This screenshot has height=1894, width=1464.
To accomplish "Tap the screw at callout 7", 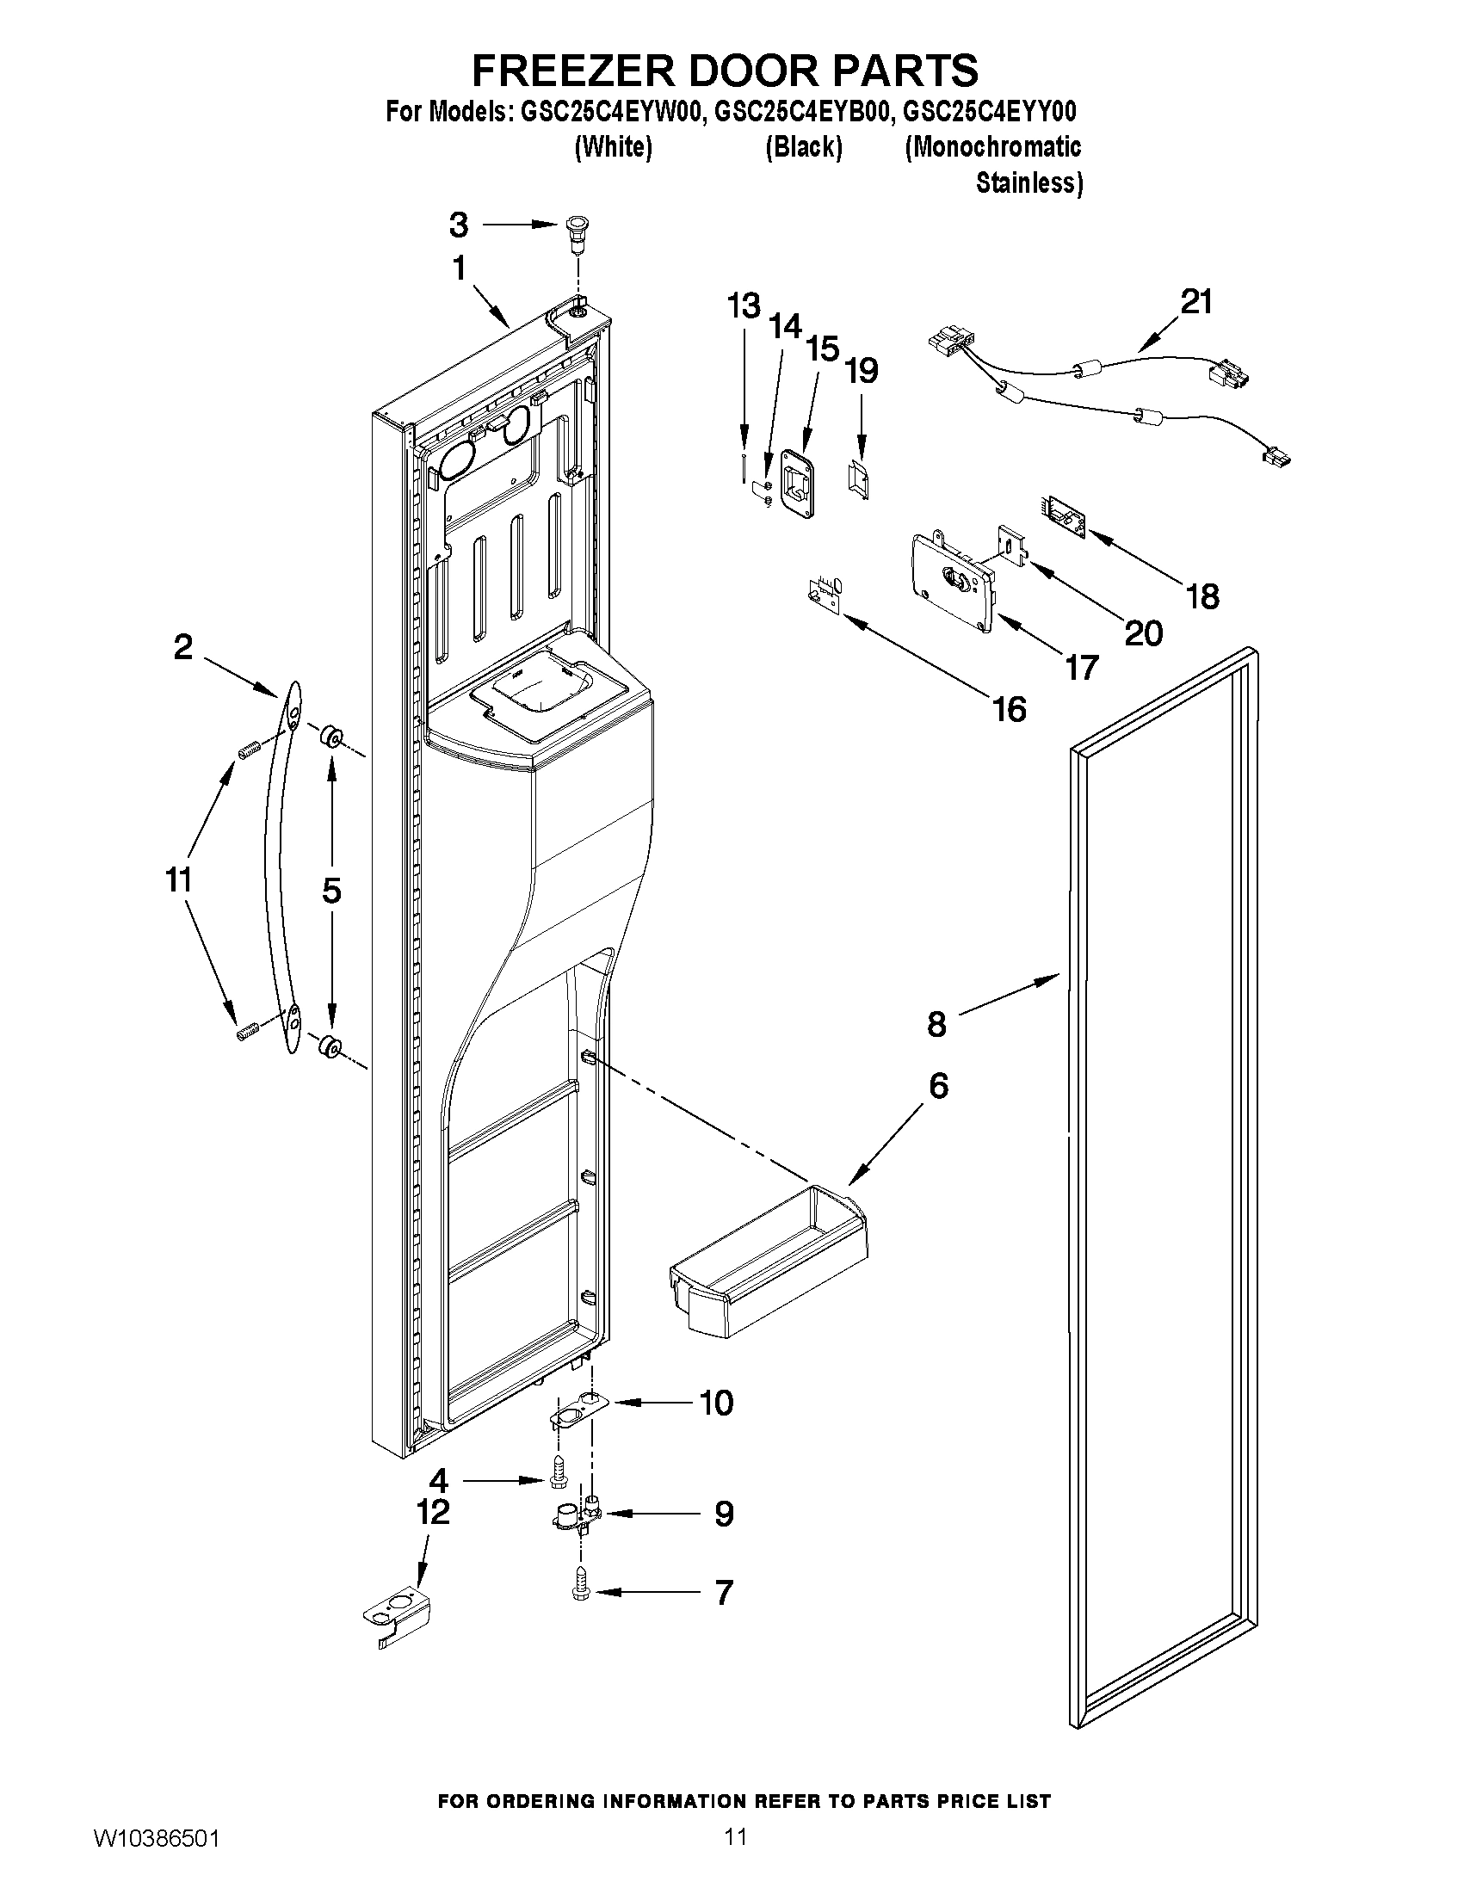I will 579,1592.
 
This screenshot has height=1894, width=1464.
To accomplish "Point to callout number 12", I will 433,1513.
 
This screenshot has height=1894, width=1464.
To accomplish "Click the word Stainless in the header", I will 1029,183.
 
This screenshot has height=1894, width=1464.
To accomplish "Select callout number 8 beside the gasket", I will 936,1024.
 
